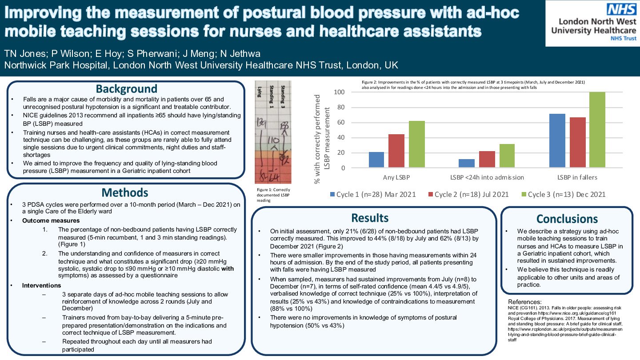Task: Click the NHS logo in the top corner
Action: [619, 9]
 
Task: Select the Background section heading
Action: [126, 88]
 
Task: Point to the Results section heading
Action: [370, 217]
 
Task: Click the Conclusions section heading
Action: [567, 219]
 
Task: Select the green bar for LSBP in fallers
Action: [596, 130]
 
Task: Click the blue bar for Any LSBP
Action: [376, 160]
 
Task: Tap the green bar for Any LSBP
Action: [417, 144]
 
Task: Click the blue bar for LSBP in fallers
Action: [557, 141]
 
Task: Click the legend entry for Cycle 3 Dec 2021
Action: [562, 194]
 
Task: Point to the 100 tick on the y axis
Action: [340, 92]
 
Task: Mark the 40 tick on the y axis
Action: [341, 138]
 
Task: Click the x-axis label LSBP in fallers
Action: [577, 177]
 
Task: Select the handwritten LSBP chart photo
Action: [272, 132]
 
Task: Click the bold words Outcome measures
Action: [51, 220]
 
